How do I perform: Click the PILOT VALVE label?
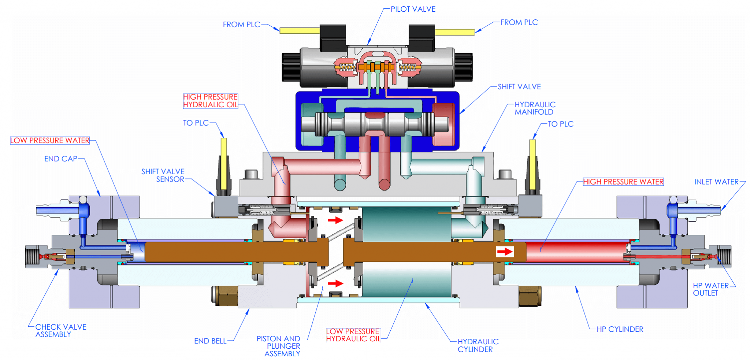(x=413, y=9)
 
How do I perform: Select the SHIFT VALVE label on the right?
(x=519, y=87)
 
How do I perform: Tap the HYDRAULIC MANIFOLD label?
(x=535, y=108)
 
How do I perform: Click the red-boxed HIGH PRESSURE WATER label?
(x=623, y=182)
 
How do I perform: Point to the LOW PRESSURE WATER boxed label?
(x=50, y=141)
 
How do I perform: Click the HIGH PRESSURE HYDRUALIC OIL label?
(x=210, y=101)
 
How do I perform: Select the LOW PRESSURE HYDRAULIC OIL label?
(x=353, y=335)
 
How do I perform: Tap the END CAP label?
(x=61, y=159)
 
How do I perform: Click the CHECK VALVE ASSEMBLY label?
(x=60, y=331)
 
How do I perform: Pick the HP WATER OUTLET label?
(x=710, y=289)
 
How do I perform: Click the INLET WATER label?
(x=716, y=182)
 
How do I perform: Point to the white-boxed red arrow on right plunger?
(x=505, y=252)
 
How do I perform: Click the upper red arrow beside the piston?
(x=335, y=220)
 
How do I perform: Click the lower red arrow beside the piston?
(x=335, y=283)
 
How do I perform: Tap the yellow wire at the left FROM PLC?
(x=299, y=31)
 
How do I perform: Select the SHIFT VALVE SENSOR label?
(x=163, y=175)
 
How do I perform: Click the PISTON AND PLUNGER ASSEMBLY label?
(x=278, y=346)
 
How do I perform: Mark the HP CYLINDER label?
(x=620, y=329)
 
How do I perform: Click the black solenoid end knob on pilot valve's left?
(x=291, y=67)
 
